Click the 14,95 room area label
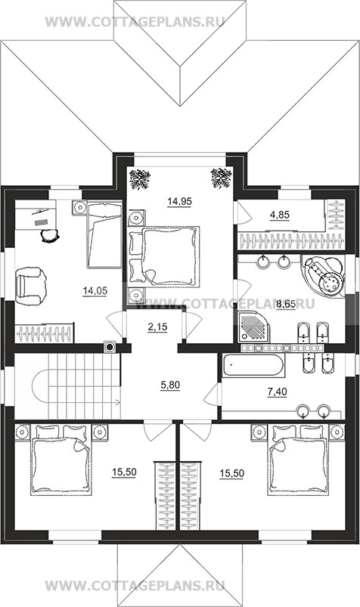179,201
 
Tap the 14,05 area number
95,291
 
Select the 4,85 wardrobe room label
279,215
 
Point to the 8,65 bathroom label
286,305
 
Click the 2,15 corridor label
157,327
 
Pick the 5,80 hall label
170,386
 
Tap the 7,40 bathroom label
277,392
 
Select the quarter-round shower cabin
253,327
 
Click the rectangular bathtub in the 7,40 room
253,364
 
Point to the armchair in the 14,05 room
30,286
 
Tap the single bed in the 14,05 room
104,234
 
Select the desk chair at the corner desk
50,235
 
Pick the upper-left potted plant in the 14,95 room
139,179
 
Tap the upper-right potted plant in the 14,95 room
222,178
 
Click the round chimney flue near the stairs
110,347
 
